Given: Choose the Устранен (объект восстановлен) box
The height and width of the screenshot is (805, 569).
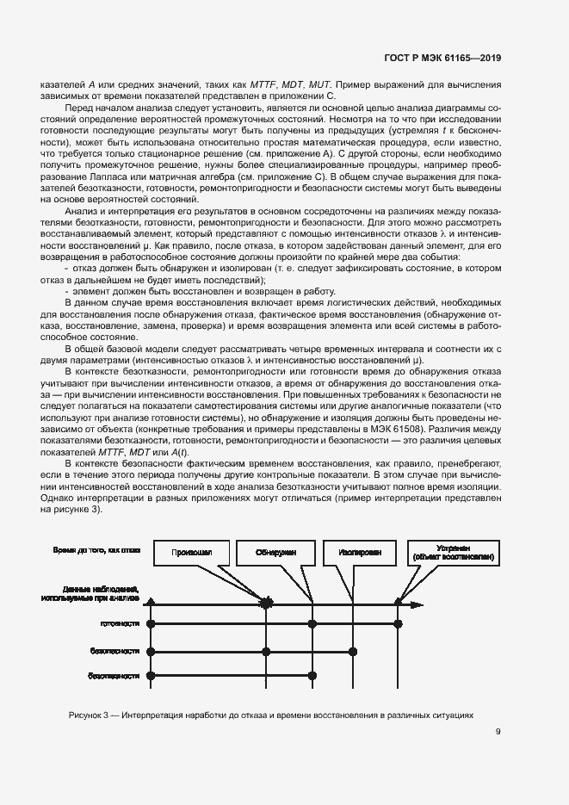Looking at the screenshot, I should click(452, 553).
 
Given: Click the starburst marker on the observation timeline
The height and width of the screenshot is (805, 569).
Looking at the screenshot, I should click(267, 603).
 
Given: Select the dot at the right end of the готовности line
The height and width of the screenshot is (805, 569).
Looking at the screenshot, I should click(398, 622).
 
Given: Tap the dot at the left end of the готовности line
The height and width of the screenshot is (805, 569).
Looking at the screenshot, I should click(151, 622).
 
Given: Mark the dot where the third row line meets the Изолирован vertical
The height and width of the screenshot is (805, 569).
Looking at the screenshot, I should click(351, 650).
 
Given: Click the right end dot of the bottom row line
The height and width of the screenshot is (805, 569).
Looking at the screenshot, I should click(267, 677).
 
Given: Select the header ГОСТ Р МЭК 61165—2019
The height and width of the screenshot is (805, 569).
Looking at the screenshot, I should click(443, 58).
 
